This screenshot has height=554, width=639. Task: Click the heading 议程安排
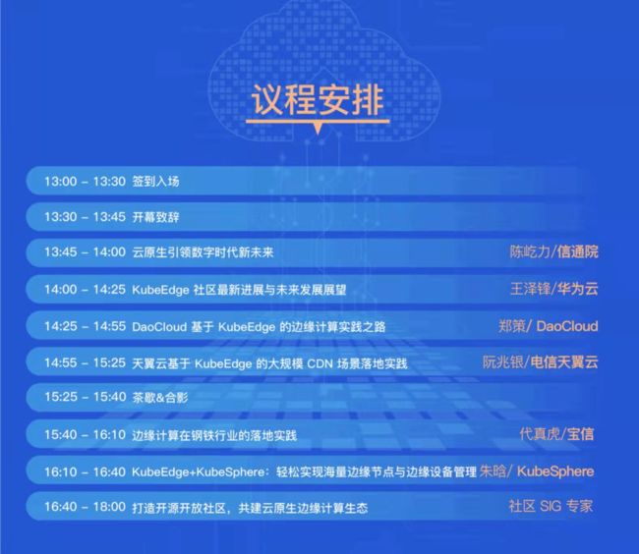[318, 99]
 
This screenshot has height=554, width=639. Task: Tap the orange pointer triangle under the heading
[318, 129]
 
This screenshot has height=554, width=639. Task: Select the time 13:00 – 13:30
[85, 181]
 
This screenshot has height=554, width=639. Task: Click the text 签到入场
[155, 182]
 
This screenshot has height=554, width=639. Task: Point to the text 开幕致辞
[155, 217]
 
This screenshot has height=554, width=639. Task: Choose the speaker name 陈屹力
[530, 251]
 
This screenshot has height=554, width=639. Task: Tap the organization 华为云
[578, 289]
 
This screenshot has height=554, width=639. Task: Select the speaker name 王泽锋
[530, 289]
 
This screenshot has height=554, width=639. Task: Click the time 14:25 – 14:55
[85, 326]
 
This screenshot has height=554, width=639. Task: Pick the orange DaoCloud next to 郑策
[567, 326]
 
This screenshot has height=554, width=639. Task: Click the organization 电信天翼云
[564, 361]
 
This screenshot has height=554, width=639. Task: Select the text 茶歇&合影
[160, 397]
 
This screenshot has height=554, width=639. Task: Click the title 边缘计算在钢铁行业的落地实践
[214, 435]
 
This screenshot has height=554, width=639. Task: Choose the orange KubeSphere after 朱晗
[555, 471]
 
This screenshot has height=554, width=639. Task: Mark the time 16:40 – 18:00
[85, 507]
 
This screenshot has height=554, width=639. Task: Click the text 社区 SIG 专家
[551, 506]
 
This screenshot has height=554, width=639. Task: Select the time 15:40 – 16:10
[85, 435]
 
